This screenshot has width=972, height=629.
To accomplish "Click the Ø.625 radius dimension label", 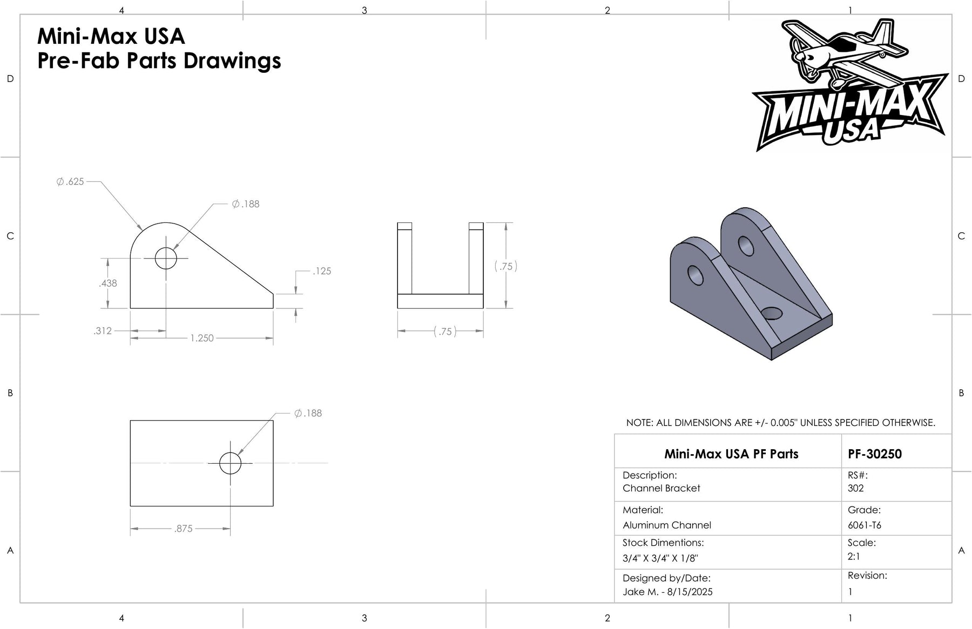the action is pyautogui.click(x=70, y=182).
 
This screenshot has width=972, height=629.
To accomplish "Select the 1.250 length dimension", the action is pyautogui.click(x=202, y=338).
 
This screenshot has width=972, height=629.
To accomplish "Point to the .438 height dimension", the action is pyautogui.click(x=108, y=283).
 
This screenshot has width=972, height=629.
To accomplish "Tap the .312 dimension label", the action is pyautogui.click(x=103, y=330).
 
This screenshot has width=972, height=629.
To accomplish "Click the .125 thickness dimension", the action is pyautogui.click(x=322, y=271).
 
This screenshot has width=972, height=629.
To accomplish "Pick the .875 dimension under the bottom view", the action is pyautogui.click(x=184, y=529).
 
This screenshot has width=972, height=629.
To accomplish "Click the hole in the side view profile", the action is pyautogui.click(x=166, y=258).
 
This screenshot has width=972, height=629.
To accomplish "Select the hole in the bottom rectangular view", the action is pyautogui.click(x=231, y=463).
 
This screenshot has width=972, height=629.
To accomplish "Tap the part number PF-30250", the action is pyautogui.click(x=875, y=454).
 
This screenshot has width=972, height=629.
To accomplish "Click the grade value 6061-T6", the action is pyautogui.click(x=865, y=525).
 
